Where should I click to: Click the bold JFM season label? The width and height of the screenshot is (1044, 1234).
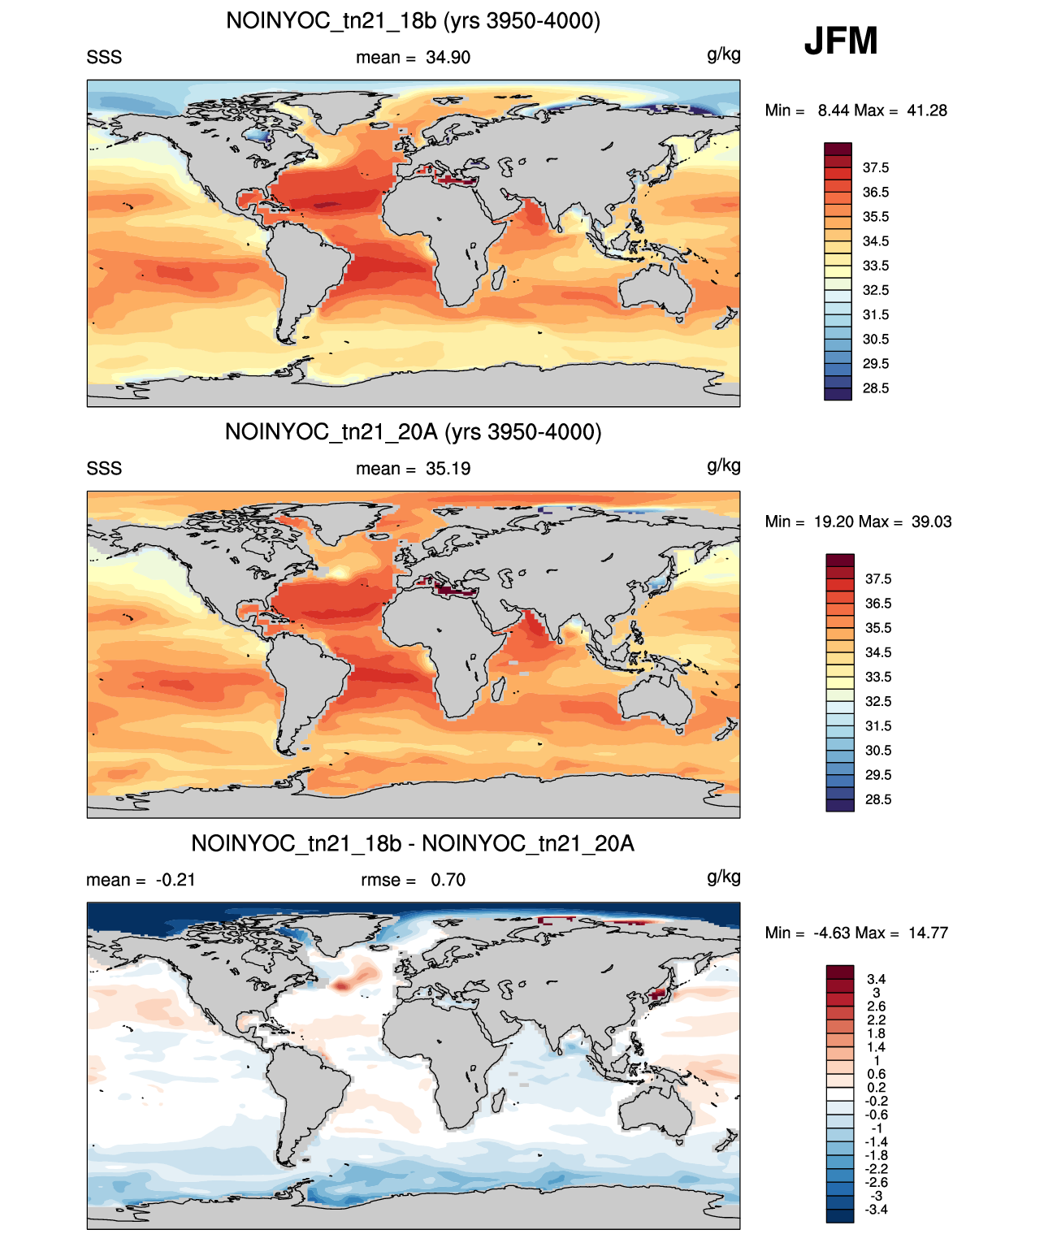point(840,41)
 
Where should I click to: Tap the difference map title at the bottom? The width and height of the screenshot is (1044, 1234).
point(413,843)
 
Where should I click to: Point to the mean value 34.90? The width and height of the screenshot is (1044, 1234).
point(448,58)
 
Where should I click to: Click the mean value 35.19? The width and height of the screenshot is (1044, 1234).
point(448,469)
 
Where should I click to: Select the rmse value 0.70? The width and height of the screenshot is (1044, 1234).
point(448,880)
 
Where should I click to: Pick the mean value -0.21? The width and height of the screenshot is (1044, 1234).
point(175,880)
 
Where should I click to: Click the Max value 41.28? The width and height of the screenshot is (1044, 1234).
point(926,110)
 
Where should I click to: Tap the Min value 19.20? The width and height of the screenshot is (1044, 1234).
point(834,522)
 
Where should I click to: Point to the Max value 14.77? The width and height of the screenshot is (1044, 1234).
point(928,933)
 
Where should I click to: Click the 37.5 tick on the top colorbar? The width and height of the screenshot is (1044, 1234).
point(875,168)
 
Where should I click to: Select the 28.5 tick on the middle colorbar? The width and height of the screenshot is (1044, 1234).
point(878,799)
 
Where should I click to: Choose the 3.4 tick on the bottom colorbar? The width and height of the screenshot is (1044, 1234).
point(877,979)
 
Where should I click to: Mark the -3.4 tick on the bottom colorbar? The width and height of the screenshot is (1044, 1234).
point(877,1210)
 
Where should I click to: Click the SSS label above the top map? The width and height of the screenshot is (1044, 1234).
point(104,58)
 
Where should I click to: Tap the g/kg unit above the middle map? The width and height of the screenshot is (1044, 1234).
point(723,465)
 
